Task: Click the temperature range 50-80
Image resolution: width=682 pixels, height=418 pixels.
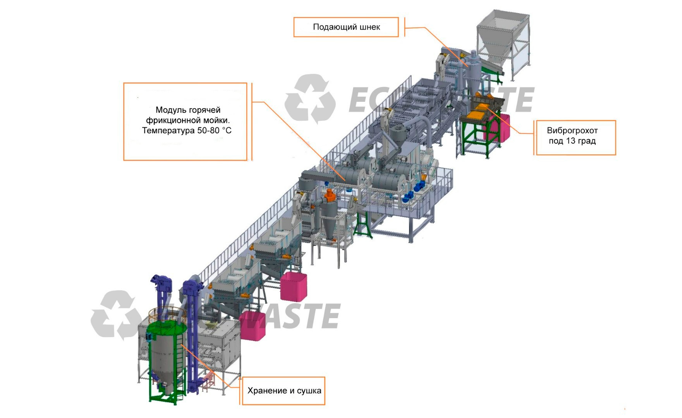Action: (x=208, y=130)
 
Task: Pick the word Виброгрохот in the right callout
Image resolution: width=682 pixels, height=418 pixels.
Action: (x=572, y=131)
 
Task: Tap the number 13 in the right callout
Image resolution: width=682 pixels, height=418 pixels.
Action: (x=570, y=141)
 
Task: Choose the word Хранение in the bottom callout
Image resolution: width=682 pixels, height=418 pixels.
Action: (x=267, y=391)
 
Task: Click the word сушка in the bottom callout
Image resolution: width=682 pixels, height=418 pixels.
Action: (x=309, y=391)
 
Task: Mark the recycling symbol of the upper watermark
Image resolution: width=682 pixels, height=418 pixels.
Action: (x=310, y=99)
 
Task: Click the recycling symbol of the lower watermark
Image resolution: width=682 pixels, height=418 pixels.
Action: (x=116, y=315)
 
